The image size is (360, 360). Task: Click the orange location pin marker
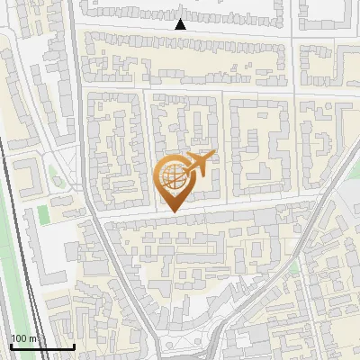point(175,180)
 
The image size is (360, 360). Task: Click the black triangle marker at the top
point(180,24)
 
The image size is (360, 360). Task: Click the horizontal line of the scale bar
point(41,347)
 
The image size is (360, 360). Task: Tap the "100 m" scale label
point(25,338)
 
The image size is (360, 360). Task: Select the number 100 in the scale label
point(20,338)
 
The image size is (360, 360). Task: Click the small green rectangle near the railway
point(41,216)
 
